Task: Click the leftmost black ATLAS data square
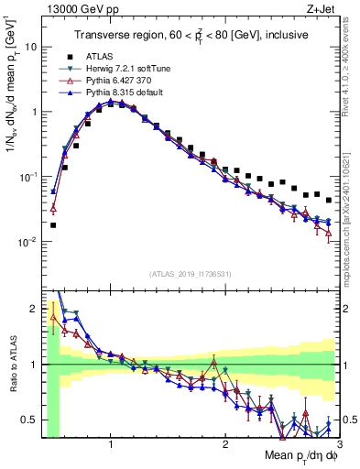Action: [53, 224]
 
